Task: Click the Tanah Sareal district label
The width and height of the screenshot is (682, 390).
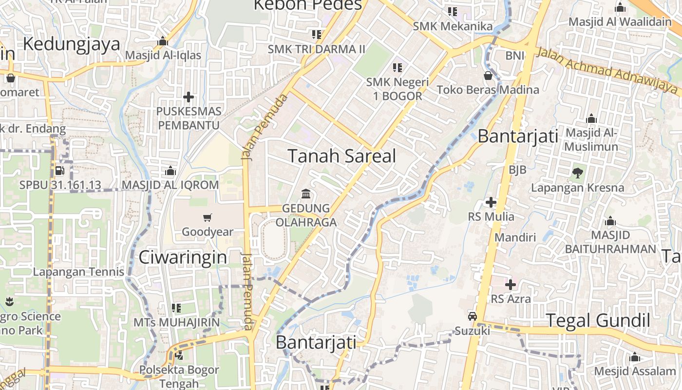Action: click(341, 156)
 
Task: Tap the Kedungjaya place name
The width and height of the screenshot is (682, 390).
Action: click(71, 44)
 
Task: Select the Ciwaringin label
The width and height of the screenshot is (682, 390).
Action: click(183, 257)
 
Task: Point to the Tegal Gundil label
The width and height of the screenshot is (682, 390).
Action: click(598, 321)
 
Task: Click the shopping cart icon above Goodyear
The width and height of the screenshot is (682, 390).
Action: click(208, 217)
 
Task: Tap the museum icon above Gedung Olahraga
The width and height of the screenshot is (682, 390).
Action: click(306, 194)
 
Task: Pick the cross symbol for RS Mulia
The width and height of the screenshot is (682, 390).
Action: click(491, 202)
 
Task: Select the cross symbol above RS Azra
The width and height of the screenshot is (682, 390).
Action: click(511, 284)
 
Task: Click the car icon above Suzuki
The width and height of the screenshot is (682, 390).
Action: click(472, 316)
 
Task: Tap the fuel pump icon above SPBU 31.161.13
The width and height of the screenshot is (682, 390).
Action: click(60, 171)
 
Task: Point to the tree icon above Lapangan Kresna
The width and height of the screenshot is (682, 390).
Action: click(578, 172)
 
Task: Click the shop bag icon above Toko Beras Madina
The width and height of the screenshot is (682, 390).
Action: click(488, 76)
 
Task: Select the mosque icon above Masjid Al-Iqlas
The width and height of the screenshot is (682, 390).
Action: click(163, 41)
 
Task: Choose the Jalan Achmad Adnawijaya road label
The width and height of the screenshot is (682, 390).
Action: click(606, 71)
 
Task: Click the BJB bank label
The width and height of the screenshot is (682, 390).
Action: click(517, 170)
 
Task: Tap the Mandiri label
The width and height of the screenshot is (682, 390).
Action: click(515, 237)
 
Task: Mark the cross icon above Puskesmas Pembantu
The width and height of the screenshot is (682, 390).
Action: click(189, 97)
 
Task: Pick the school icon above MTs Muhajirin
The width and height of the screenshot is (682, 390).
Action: click(176, 308)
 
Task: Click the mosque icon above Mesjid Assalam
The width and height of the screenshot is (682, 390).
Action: click(634, 357)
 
